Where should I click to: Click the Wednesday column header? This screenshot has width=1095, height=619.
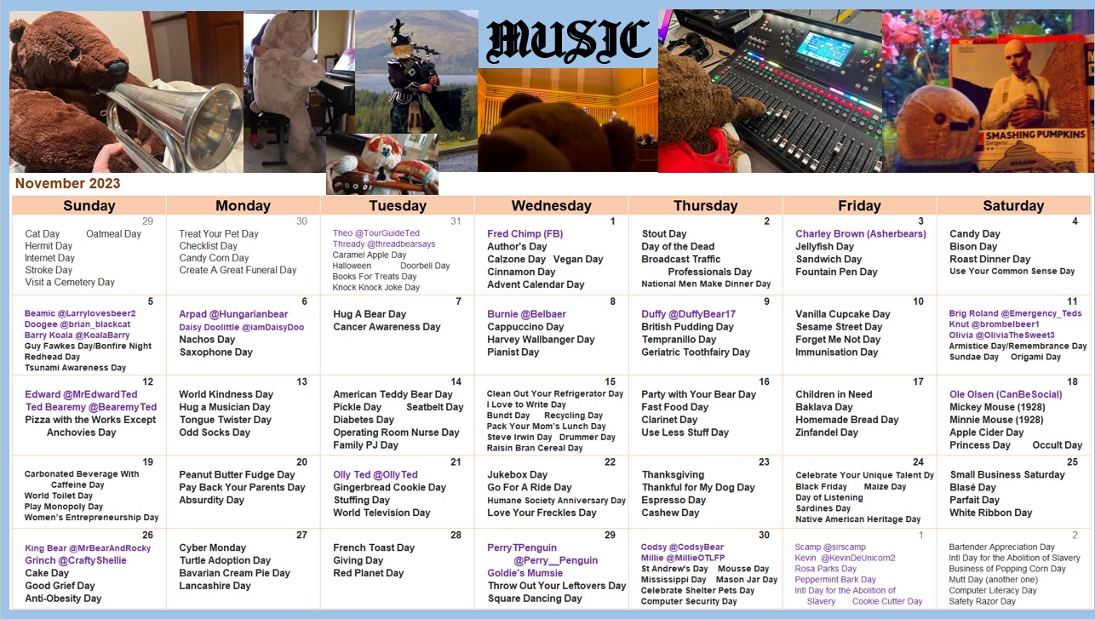tap(552, 206)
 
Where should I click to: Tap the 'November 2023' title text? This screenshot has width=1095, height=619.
tap(67, 183)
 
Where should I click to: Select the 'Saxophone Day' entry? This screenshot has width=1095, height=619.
tap(215, 352)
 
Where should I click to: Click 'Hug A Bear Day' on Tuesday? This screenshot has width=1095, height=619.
tap(370, 314)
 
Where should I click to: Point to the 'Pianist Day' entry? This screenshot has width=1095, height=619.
tap(513, 352)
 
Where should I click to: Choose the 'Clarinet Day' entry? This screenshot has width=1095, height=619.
tap(669, 420)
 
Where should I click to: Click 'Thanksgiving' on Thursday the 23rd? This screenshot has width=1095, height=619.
tap(674, 474)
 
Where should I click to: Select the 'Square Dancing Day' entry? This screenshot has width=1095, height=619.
tap(535, 599)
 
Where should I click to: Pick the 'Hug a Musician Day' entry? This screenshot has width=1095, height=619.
tap(225, 407)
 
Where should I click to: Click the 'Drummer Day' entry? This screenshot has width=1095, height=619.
tap(588, 437)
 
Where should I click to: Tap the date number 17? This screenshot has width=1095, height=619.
tap(918, 381)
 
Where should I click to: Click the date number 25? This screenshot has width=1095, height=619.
tap(1072, 462)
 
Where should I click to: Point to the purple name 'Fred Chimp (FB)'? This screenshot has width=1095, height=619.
tap(525, 233)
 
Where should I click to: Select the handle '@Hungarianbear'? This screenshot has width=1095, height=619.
tap(249, 314)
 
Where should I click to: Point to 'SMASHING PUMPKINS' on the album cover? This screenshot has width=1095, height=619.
tap(1035, 135)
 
